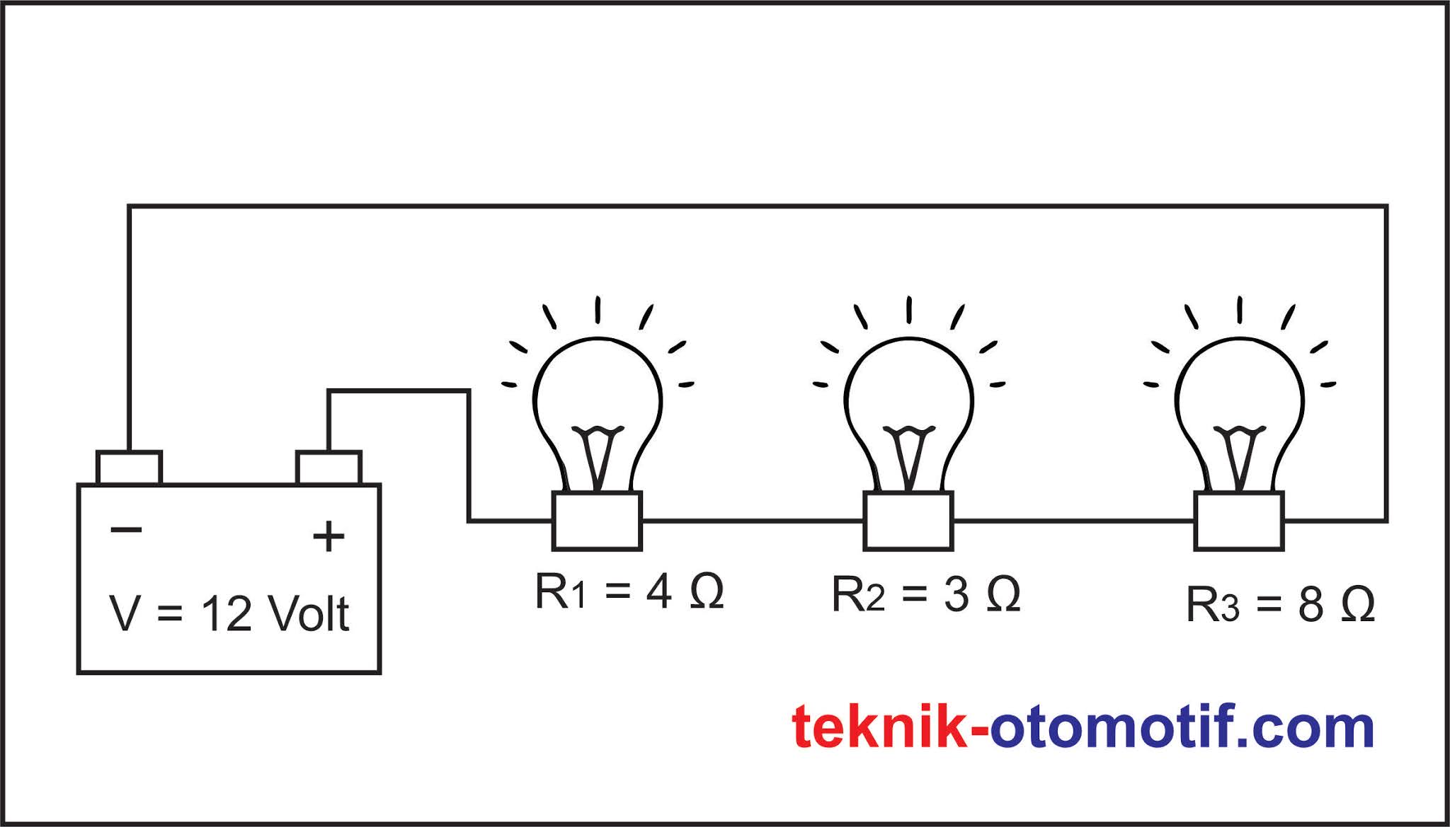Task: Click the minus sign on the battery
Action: (127, 529)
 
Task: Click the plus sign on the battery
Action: (329, 536)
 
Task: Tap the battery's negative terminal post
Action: (129, 468)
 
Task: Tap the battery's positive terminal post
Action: (329, 468)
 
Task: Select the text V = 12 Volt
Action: (229, 613)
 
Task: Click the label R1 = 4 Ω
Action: (629, 591)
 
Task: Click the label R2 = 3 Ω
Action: (925, 594)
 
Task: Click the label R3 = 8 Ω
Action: (1280, 606)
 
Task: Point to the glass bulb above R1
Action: (598, 396)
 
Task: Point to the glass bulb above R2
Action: (909, 396)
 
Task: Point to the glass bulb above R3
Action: (1240, 396)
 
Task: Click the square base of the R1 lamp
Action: (597, 521)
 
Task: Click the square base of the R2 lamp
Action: (908, 521)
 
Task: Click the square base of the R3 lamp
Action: (1239, 521)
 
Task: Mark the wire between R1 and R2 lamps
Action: (752, 521)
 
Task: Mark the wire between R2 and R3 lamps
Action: (1073, 521)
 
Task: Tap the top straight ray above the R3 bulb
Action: (1240, 309)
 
